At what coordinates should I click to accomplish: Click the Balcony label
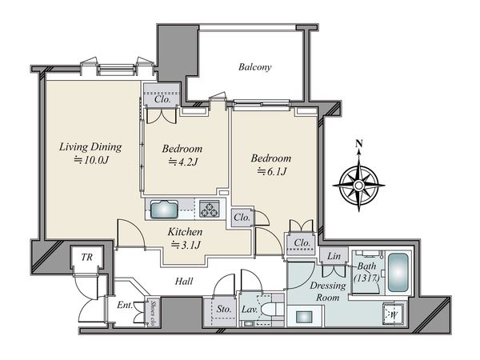coord(255,67)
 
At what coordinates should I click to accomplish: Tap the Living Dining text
coord(90,147)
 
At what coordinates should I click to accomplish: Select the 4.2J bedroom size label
coord(183,162)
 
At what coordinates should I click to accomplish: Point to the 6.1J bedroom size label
coord(272,171)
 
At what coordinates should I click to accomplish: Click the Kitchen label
coord(185,232)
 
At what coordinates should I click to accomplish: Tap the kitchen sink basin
coord(164,210)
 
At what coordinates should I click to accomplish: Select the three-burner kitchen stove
coord(210,209)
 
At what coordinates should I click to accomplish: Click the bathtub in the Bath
coord(398,273)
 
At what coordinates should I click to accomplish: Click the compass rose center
coord(358,186)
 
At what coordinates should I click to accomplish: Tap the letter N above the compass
coord(359,143)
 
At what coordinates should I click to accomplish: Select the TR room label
coord(87,257)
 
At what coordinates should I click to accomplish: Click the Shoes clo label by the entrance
coord(154,312)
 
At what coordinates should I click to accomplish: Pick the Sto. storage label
coord(224,309)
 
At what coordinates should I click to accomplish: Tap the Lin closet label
coord(334,256)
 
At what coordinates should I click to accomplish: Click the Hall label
coord(184,281)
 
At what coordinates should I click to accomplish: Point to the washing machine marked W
coord(394,314)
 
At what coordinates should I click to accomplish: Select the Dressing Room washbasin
coord(304,316)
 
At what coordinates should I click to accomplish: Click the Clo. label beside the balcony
coord(162,99)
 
